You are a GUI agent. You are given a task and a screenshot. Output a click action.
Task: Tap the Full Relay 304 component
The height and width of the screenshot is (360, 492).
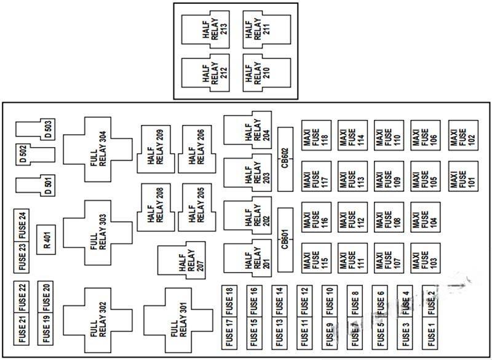(97, 148)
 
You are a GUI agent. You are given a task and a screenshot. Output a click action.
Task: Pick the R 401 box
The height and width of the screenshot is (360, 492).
(47, 239)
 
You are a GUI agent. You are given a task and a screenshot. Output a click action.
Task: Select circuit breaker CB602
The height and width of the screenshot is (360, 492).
(285, 159)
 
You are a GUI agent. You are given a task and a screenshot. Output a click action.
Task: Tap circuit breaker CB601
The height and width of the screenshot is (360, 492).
(285, 239)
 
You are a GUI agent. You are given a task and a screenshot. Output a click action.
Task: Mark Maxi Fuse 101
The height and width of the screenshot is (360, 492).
(464, 177)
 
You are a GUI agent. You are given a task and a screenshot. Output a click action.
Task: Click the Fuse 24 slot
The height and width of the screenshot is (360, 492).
(23, 225)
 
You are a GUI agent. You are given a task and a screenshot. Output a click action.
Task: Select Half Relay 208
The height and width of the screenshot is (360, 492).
(156, 207)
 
